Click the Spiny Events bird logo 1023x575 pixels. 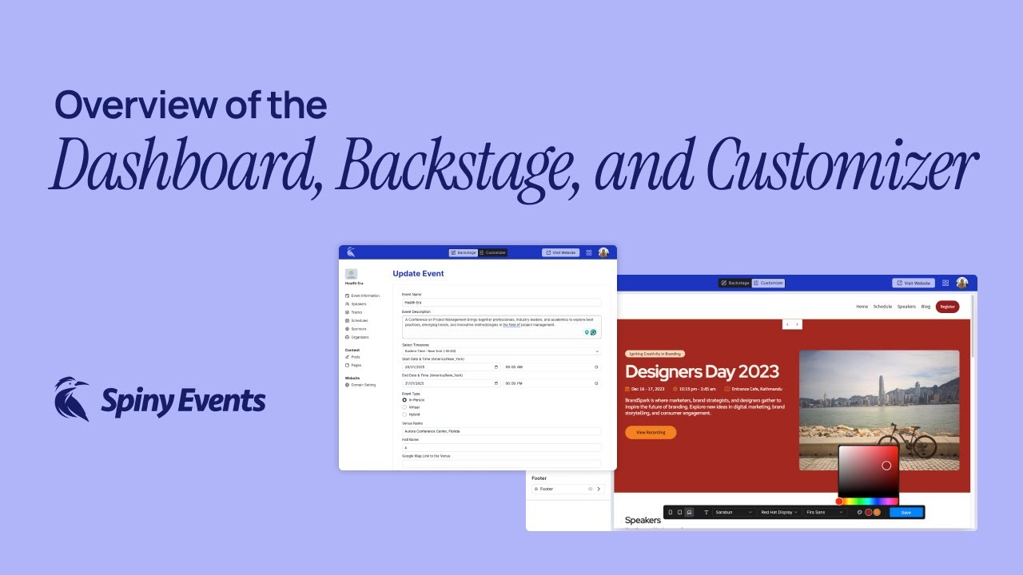(x=72, y=399)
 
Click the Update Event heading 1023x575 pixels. (x=418, y=274)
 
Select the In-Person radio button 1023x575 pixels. (x=404, y=400)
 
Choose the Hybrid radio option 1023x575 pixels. (x=404, y=414)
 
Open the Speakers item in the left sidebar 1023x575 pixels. (x=358, y=304)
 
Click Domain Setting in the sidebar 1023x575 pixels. (x=363, y=385)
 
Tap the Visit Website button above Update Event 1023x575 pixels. (x=560, y=252)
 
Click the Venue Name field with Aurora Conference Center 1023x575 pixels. (x=501, y=431)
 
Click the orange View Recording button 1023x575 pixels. (x=651, y=432)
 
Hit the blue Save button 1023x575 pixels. (x=906, y=512)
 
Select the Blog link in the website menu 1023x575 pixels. (x=925, y=307)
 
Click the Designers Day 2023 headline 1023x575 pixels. (x=702, y=371)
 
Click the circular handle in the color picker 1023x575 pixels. (x=886, y=466)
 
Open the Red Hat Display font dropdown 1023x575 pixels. (x=778, y=512)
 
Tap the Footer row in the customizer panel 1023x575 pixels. (x=567, y=489)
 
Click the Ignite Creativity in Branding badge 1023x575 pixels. (x=655, y=354)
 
